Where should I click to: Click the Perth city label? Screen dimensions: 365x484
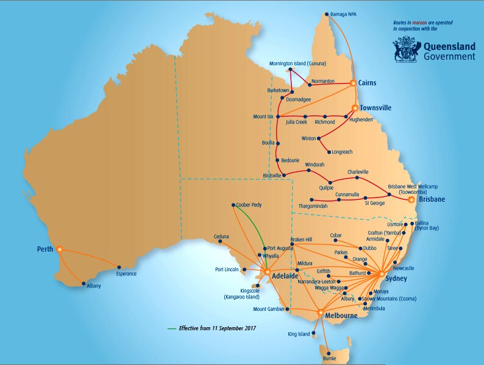(46, 249)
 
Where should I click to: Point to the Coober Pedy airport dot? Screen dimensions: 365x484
(232, 205)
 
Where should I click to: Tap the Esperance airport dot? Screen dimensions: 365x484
(118, 266)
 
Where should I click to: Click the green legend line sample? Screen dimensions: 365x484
(172, 328)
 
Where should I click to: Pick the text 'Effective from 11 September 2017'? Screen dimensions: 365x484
(217, 328)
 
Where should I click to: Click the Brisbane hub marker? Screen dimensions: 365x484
(411, 199)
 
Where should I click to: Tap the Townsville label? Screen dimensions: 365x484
(375, 108)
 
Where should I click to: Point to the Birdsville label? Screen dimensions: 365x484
(272, 175)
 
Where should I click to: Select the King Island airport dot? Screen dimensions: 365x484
(313, 334)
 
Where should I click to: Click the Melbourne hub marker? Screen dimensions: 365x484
(320, 313)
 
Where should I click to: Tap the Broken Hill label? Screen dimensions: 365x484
(301, 239)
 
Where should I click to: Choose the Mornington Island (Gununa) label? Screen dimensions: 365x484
(298, 63)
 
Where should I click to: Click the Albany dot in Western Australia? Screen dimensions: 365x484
(84, 283)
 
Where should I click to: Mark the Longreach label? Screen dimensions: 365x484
(341, 152)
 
